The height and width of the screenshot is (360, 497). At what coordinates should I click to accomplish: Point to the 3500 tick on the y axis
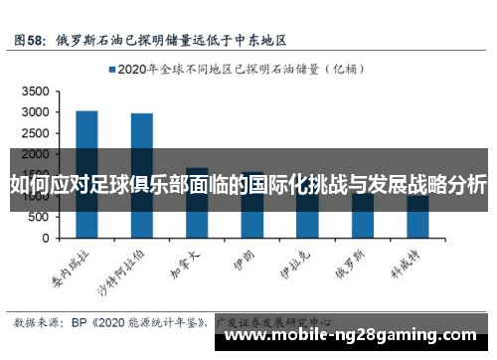34,90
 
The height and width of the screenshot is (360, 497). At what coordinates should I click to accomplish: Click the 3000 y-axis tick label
34,111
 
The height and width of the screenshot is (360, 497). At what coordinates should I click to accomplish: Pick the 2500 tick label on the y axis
34,133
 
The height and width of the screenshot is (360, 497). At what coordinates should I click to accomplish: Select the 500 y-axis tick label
38,218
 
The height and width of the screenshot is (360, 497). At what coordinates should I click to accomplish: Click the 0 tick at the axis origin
45,240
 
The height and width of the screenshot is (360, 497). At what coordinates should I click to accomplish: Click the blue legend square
111,70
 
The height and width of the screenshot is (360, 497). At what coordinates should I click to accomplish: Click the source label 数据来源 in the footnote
37,322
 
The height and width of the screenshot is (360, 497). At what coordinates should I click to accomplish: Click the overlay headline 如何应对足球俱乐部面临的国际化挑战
248,184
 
